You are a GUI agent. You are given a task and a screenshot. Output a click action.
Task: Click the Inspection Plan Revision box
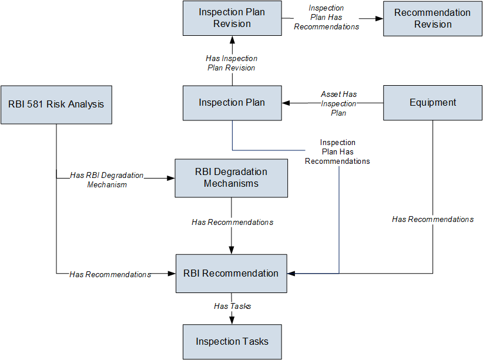(x=232, y=18)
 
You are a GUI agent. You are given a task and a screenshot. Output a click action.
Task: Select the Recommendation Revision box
(x=432, y=18)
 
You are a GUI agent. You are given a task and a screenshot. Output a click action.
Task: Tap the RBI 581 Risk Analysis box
(x=56, y=105)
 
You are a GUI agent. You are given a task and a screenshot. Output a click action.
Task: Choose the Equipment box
(x=432, y=103)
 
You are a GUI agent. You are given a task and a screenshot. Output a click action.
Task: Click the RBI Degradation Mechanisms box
(x=232, y=178)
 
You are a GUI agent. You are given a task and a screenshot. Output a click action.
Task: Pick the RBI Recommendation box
(x=232, y=274)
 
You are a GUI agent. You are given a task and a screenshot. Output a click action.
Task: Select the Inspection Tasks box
(x=232, y=342)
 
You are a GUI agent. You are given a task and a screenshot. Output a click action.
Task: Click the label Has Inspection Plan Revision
(x=232, y=63)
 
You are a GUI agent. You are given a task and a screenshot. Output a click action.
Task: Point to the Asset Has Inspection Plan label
(x=338, y=103)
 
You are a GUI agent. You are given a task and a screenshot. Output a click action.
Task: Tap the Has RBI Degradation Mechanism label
(x=107, y=180)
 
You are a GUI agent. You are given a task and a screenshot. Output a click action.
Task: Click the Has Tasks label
(x=232, y=306)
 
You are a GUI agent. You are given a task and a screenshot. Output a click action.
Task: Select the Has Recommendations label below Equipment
(x=433, y=219)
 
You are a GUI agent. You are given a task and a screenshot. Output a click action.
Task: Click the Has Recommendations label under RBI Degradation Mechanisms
(x=232, y=222)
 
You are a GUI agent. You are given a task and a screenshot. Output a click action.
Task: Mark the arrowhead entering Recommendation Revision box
(x=379, y=18)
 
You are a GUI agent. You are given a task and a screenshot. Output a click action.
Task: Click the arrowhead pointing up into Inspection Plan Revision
(x=232, y=40)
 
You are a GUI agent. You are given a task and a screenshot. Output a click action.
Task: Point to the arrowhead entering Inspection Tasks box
(x=232, y=321)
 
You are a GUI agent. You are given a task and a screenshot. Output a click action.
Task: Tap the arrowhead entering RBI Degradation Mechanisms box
(x=171, y=178)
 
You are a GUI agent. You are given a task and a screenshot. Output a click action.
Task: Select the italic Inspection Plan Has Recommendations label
(x=327, y=17)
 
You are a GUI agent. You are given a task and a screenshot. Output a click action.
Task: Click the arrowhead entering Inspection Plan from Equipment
(x=286, y=103)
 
